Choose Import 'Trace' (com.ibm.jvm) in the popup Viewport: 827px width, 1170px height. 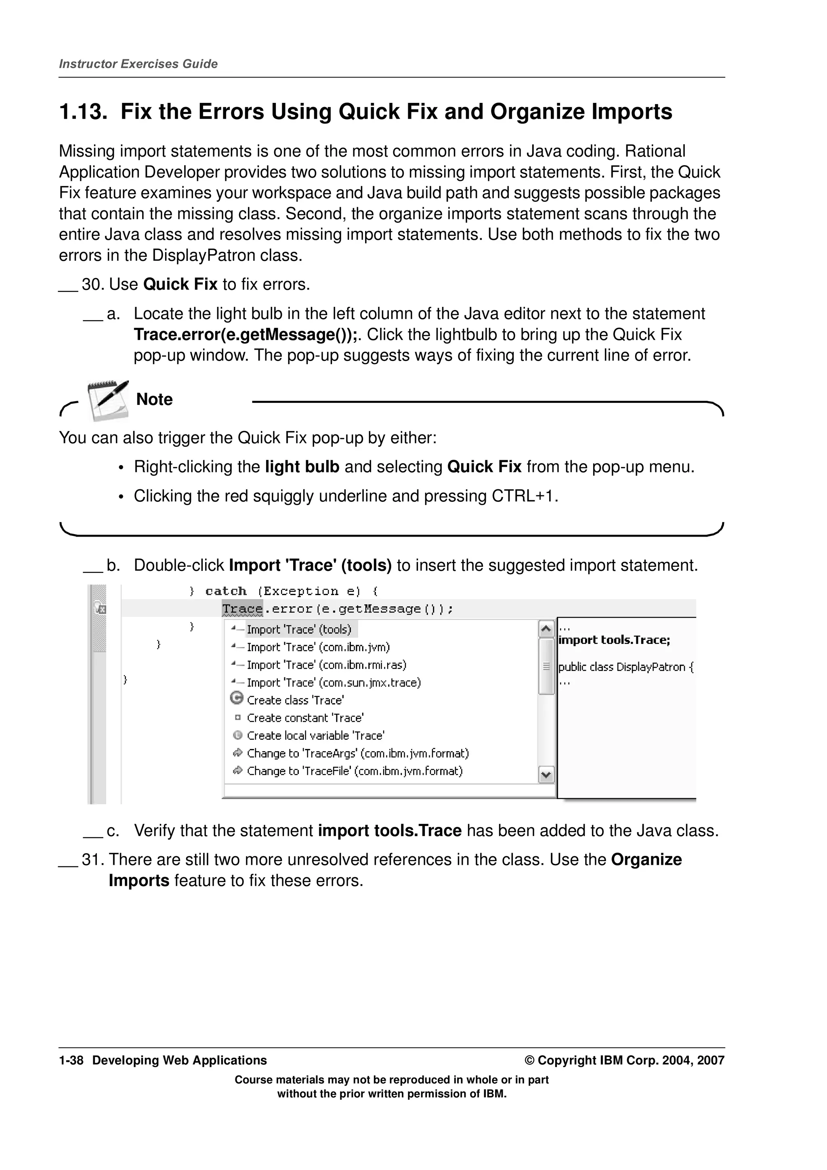318,647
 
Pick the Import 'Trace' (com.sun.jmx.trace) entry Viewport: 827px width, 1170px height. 334,682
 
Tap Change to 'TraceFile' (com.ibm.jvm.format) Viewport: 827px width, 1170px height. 355,771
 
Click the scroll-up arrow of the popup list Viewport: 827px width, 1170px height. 546,629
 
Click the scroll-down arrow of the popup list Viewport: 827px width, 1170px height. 546,775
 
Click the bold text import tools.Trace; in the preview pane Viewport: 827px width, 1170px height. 614,641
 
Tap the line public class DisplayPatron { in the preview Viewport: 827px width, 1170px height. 626,667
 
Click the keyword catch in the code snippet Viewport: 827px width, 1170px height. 226,591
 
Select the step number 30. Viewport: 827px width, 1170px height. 92,284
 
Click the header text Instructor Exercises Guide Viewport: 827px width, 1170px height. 138,64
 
